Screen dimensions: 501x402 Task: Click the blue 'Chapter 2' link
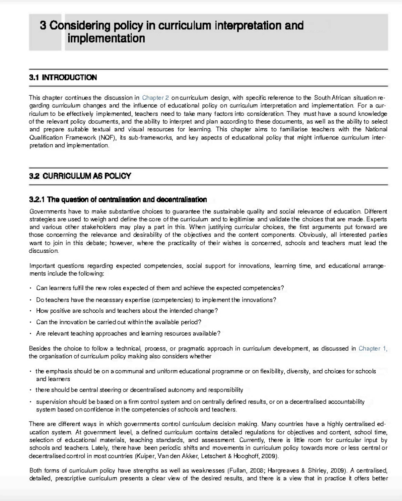(x=155, y=98)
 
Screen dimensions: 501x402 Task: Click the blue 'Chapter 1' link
(x=372, y=349)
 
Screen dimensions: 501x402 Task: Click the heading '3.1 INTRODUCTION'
(x=63, y=77)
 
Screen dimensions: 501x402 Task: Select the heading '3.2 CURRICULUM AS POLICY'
(x=80, y=176)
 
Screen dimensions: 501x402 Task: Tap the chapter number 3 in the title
(x=43, y=25)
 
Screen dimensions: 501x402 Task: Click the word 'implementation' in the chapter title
(x=106, y=38)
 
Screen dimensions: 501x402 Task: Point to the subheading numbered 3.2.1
(x=118, y=200)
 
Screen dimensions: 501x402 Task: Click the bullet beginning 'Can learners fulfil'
(x=160, y=288)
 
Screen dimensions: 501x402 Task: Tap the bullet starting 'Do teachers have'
(x=156, y=300)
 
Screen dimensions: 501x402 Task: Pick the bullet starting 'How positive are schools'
(x=127, y=311)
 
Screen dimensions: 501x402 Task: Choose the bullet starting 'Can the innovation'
(x=119, y=322)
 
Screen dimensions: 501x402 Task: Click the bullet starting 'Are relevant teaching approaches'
(x=128, y=334)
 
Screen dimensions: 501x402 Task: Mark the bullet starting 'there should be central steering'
(x=139, y=390)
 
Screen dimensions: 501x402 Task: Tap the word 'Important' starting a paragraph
(x=42, y=266)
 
